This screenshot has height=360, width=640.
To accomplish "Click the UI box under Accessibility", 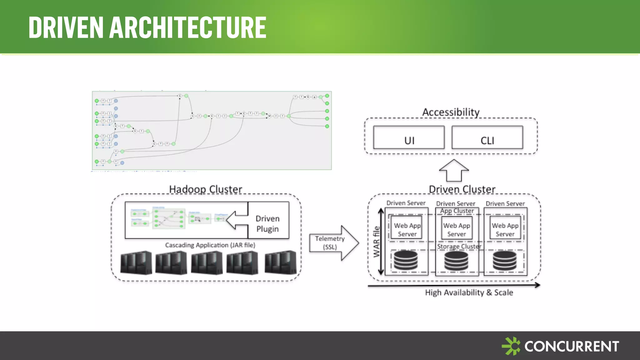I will click(409, 138).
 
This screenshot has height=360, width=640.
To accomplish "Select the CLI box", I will click(487, 138).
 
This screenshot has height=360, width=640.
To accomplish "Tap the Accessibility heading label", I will click(451, 112).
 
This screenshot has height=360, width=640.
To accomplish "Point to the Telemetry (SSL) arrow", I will click(332, 243).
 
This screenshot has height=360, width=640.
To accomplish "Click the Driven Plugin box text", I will click(268, 223).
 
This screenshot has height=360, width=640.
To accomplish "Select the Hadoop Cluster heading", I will click(205, 189).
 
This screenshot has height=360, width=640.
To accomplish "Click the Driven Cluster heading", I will click(462, 189).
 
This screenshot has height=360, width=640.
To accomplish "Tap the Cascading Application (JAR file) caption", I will click(210, 245).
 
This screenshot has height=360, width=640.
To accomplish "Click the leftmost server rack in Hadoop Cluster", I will click(136, 262).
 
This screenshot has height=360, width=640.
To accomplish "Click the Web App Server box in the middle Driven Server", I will click(457, 229).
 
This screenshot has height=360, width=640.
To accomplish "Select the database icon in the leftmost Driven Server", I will click(406, 260).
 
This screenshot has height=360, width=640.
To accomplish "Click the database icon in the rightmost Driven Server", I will click(504, 260).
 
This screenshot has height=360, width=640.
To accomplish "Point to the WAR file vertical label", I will click(377, 242).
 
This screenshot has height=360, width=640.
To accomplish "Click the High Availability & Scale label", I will click(469, 292).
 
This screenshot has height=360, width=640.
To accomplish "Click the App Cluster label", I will click(457, 211).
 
